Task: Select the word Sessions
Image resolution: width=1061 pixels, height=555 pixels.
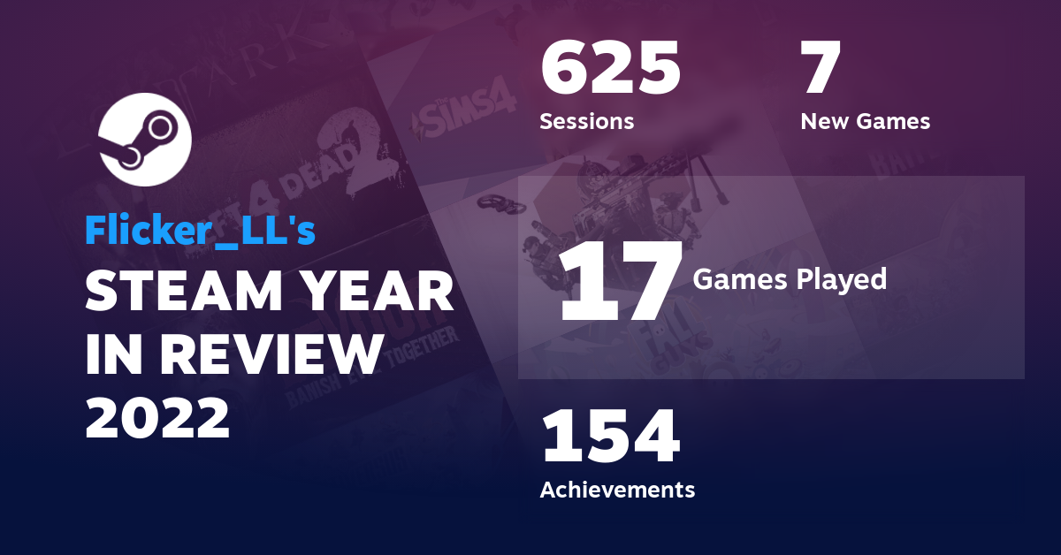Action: [x=586, y=121]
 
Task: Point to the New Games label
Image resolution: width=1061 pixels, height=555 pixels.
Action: [x=865, y=121]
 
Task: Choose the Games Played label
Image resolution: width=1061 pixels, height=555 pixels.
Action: [x=789, y=279]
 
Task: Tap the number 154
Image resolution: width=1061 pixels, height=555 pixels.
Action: [x=610, y=437]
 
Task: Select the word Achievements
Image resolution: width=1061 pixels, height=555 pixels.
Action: [x=617, y=489]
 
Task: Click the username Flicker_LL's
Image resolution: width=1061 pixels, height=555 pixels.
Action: [x=200, y=230]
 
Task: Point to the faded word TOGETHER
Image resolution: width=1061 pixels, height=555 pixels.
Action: [x=421, y=339]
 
